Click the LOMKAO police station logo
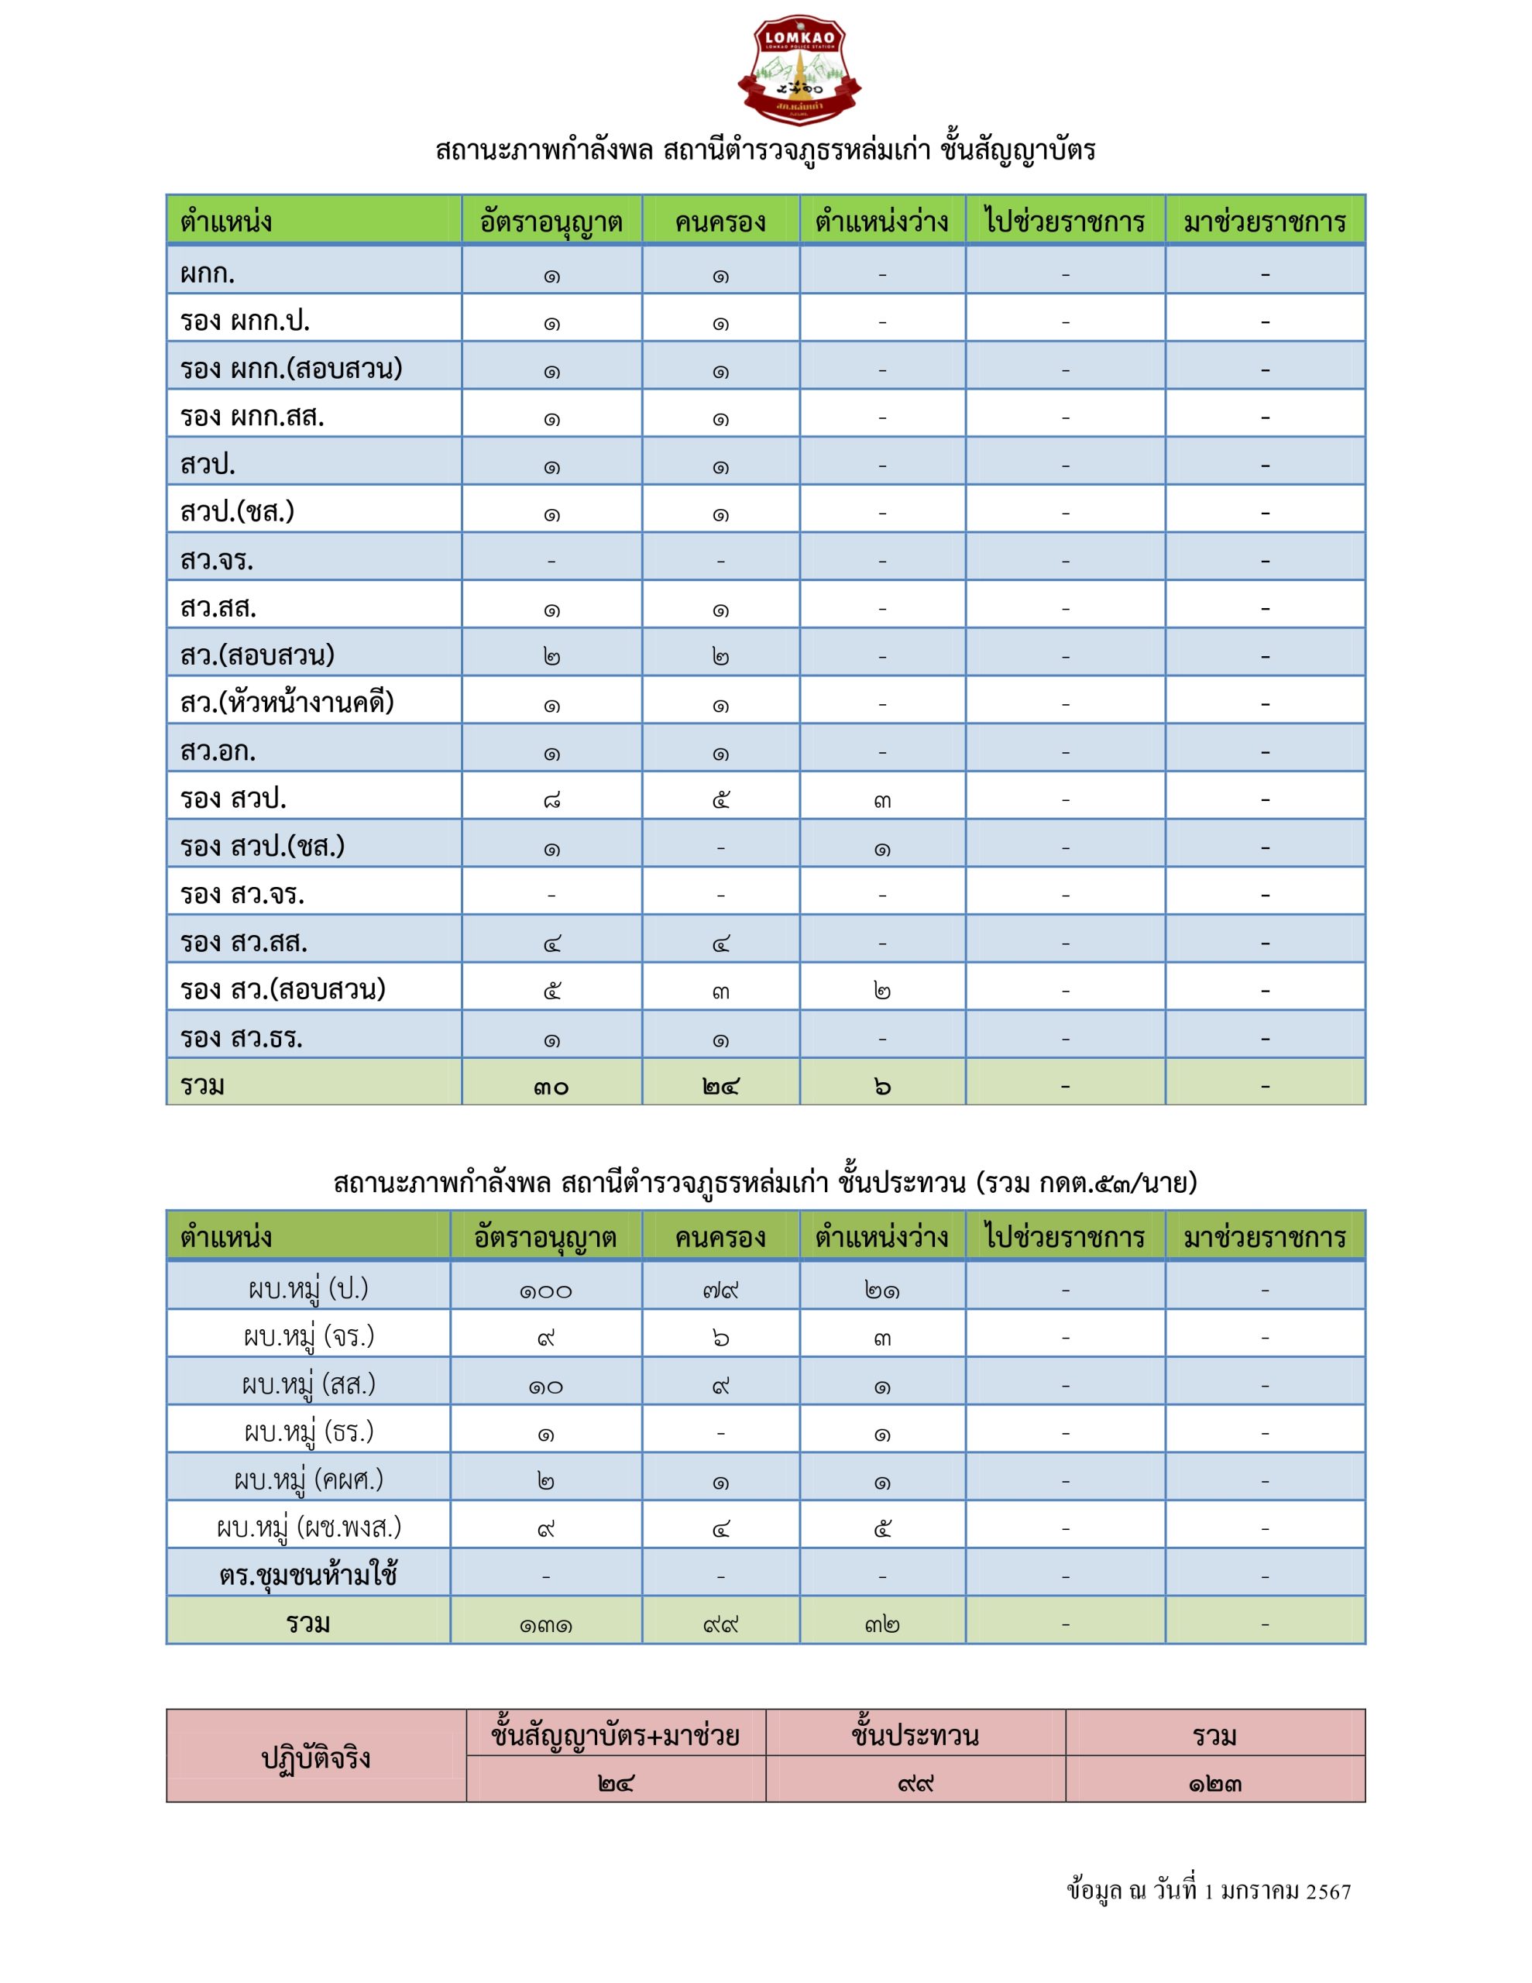[x=799, y=70]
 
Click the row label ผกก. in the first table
[x=208, y=273]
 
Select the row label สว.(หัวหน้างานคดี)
[x=287, y=703]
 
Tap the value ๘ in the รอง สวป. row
[x=551, y=799]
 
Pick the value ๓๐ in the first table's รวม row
[x=551, y=1086]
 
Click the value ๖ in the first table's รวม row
[x=881, y=1086]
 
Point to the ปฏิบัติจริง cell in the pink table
[x=315, y=1758]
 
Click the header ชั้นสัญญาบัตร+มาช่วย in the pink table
[x=615, y=1735]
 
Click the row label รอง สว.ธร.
[x=242, y=1037]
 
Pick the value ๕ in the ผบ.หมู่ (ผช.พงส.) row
[x=881, y=1528]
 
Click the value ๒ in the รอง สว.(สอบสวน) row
[x=881, y=990]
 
